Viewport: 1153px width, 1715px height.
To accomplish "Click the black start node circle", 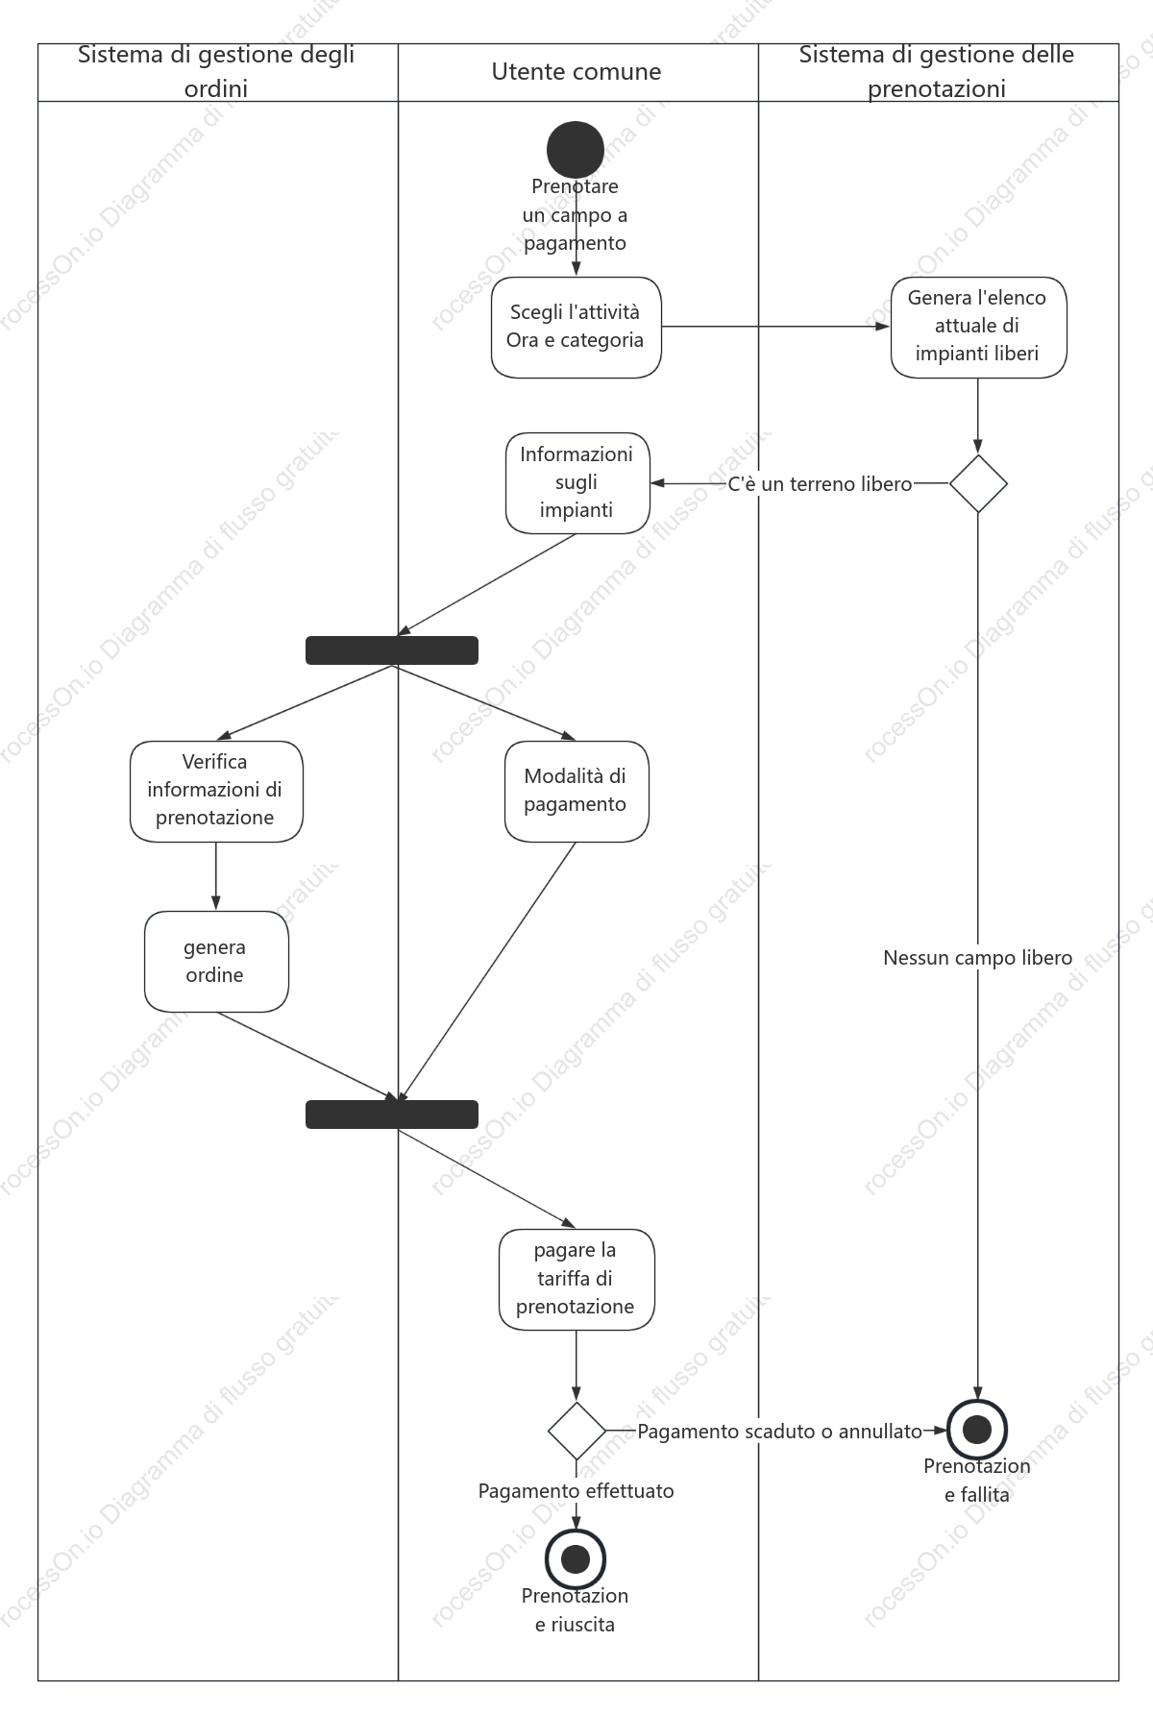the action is click(x=576, y=150).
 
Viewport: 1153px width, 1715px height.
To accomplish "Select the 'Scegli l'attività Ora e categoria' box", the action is click(x=576, y=328).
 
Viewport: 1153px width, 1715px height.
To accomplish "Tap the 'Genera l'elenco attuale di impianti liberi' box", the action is click(x=978, y=328).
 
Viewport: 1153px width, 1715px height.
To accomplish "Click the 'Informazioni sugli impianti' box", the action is click(x=577, y=482).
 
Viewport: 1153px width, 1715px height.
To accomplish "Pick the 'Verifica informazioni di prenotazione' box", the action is click(x=216, y=792).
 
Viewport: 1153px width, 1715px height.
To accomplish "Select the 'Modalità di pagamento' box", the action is click(x=576, y=792).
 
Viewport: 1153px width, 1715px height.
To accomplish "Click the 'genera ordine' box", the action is click(x=216, y=962).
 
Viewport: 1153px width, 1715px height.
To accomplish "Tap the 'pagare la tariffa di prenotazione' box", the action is click(x=576, y=1280).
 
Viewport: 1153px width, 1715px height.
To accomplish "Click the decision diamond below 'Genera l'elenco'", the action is click(x=978, y=483).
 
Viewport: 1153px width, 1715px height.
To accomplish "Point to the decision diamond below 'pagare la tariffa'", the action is click(x=576, y=1431).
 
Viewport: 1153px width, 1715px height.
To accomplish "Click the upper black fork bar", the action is click(x=392, y=650).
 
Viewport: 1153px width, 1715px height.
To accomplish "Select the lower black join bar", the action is click(x=392, y=1115).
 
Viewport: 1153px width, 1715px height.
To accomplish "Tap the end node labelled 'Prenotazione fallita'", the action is click(x=977, y=1430).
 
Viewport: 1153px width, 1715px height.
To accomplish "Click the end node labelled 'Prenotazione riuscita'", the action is click(x=576, y=1558).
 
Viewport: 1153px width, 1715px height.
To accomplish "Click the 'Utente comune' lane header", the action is click(x=576, y=72).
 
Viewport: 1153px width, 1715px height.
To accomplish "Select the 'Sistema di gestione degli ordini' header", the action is click(x=216, y=72).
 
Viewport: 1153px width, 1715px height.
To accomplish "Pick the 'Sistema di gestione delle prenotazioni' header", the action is click(x=937, y=72).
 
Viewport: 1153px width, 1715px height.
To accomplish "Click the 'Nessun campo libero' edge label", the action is click(x=978, y=958).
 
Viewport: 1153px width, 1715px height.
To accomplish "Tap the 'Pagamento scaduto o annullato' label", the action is click(x=780, y=1432).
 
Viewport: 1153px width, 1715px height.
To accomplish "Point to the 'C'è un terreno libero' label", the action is click(x=820, y=484).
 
